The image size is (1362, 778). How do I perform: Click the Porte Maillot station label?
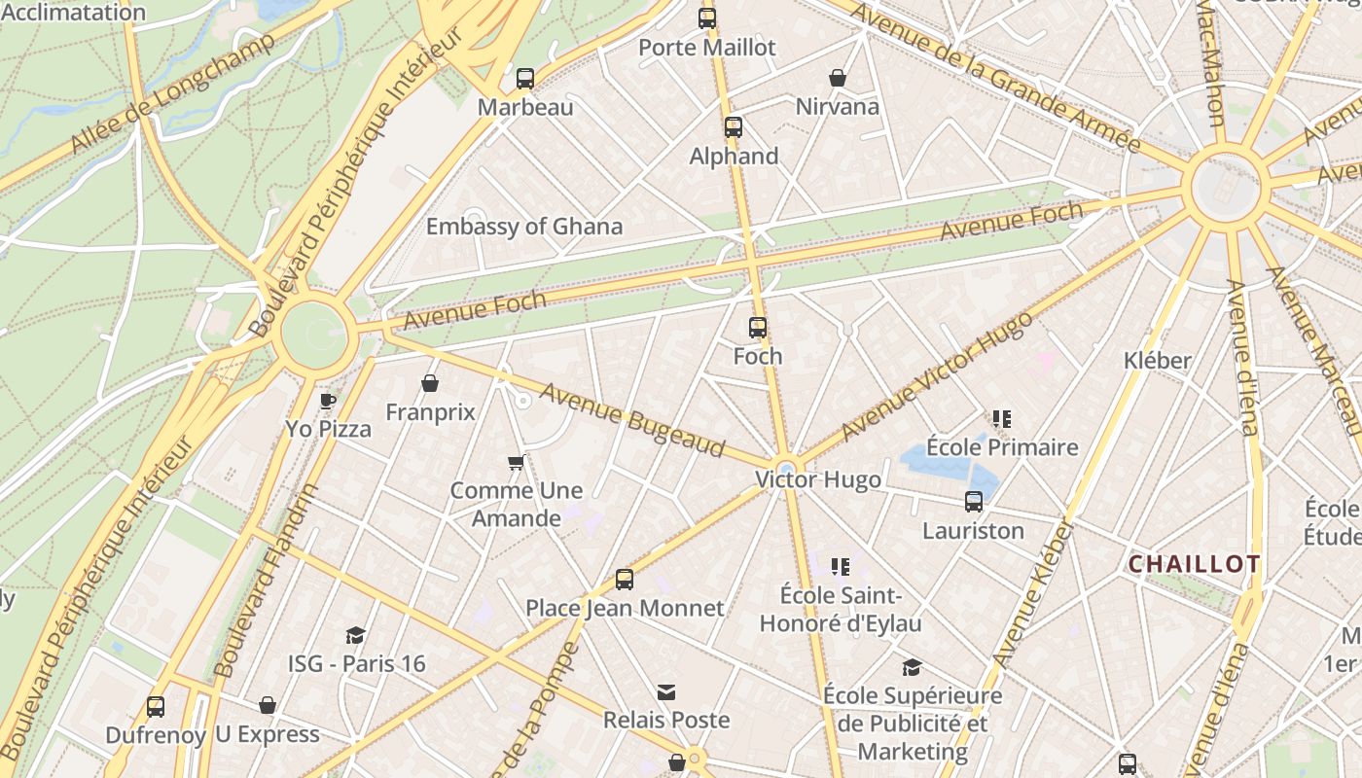click(707, 47)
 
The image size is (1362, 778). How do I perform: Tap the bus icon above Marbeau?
click(525, 79)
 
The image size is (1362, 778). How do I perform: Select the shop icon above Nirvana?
click(838, 78)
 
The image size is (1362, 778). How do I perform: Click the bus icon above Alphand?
click(734, 127)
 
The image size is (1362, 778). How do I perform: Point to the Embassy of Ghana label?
click(524, 227)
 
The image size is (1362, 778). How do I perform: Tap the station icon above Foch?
click(758, 328)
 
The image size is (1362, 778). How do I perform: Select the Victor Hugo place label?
click(818, 479)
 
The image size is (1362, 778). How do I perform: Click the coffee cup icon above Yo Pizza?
click(328, 401)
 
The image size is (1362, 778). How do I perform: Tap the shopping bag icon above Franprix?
click(430, 384)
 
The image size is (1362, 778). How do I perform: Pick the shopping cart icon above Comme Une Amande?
click(517, 462)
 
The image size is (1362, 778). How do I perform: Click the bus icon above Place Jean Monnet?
click(625, 580)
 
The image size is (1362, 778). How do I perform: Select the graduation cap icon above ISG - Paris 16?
click(356, 635)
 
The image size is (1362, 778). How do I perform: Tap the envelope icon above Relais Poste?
click(666, 692)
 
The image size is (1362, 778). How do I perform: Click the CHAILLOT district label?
click(1194, 564)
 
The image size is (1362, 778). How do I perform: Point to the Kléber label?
click(1157, 361)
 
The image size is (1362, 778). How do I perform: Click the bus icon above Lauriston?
click(974, 502)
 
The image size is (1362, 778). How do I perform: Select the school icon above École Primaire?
click(1002, 419)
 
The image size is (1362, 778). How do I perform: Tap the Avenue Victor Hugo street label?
click(936, 377)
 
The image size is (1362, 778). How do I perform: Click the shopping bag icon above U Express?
click(268, 705)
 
